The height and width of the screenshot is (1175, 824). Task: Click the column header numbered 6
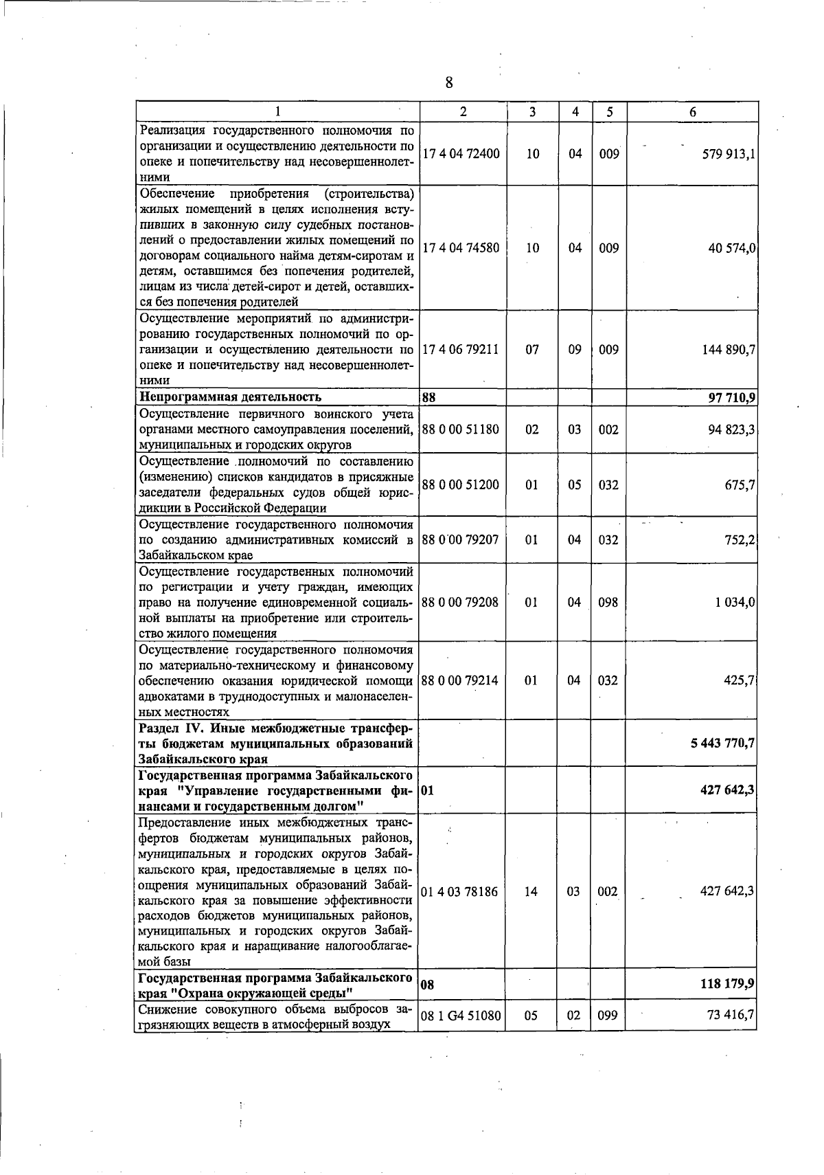coord(692,112)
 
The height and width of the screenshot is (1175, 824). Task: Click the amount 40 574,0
coord(732,248)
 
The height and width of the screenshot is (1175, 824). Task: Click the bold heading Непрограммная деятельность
coord(230,396)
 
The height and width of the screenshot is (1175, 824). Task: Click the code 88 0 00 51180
coord(461,429)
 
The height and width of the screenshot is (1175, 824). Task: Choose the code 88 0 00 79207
coord(461,539)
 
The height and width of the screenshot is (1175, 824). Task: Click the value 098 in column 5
coord(608,602)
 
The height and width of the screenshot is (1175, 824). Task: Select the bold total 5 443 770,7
coord(722,743)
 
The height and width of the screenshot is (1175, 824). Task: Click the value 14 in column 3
coord(531,891)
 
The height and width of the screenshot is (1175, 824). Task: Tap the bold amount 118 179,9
coord(727,984)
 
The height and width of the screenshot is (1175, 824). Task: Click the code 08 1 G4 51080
coord(461,1015)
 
